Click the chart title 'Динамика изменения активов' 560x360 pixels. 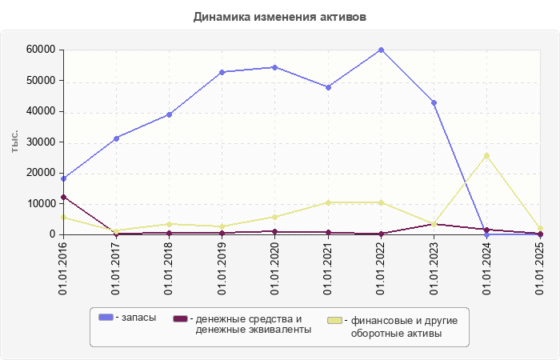(279, 17)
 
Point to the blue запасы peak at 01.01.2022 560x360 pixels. (381, 50)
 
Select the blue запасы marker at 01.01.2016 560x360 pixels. (63, 178)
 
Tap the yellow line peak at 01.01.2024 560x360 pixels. (486, 155)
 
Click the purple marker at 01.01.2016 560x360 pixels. (63, 197)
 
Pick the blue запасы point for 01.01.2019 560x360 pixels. (222, 72)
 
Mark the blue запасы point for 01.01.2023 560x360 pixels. (434, 102)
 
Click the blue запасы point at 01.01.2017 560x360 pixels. (116, 138)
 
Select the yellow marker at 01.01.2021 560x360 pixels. (328, 202)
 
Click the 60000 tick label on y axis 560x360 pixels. (40, 50)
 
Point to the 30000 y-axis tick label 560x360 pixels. (40, 142)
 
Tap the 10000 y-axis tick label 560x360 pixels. (40, 204)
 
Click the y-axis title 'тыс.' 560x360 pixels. (15, 142)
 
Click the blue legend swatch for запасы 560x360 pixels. (106, 318)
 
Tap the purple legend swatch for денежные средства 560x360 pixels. (180, 318)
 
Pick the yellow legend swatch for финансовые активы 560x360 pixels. (335, 321)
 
